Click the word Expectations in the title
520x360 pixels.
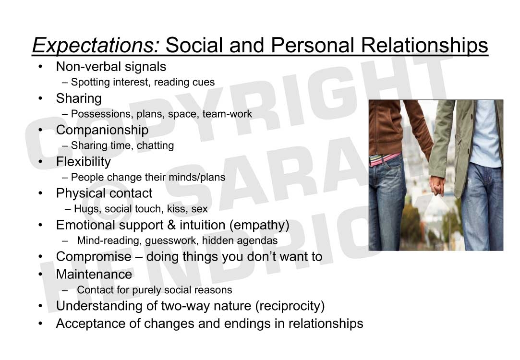[x=96, y=46]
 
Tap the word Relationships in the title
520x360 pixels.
[x=424, y=46]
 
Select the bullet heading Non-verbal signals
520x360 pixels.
[x=111, y=67]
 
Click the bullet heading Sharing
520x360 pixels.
[x=79, y=98]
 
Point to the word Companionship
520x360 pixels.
[x=102, y=130]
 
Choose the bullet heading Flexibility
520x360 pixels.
[x=83, y=162]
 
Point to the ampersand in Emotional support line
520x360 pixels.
[x=171, y=225]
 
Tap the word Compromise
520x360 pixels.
[x=94, y=257]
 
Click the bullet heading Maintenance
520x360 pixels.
[x=94, y=275]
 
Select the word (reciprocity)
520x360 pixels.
[x=290, y=306]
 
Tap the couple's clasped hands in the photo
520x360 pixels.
[x=437, y=186]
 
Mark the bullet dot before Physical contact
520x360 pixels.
[x=40, y=193]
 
